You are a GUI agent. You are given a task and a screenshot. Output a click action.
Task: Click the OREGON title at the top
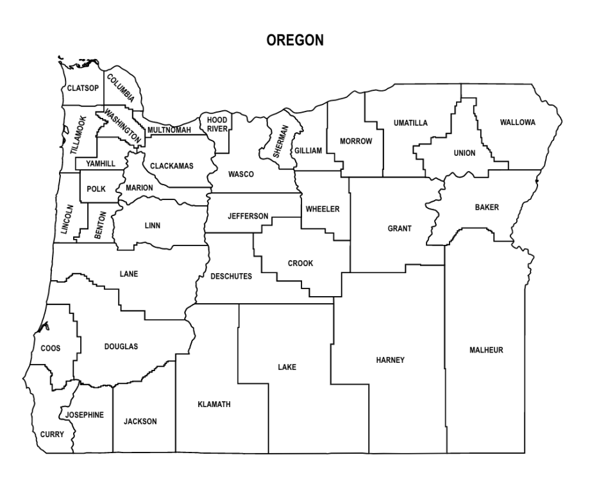(x=295, y=40)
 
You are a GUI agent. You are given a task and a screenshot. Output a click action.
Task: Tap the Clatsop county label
(x=83, y=88)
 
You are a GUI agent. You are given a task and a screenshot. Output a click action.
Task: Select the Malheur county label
(x=486, y=350)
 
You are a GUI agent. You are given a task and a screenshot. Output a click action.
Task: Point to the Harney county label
(x=391, y=360)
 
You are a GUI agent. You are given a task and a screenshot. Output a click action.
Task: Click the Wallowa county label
(x=518, y=122)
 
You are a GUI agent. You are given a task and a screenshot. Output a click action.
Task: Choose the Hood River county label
(x=217, y=124)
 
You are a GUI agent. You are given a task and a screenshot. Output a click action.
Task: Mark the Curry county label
(x=52, y=435)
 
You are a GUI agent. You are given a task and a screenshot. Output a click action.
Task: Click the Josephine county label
(x=85, y=415)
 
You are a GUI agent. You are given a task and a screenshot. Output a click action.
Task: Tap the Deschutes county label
(x=232, y=276)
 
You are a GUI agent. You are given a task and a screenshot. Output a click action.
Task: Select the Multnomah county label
(x=169, y=130)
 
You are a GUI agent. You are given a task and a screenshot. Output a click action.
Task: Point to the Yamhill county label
(x=101, y=163)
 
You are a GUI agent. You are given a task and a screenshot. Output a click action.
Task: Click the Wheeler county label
(x=323, y=209)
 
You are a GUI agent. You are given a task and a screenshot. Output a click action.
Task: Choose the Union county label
(x=464, y=153)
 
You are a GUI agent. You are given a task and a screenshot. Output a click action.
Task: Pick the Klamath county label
(x=214, y=404)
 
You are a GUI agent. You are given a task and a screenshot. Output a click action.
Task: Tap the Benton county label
(x=100, y=225)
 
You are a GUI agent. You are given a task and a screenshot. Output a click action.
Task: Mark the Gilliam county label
(x=308, y=151)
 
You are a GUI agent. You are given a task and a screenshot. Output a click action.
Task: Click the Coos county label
(x=51, y=348)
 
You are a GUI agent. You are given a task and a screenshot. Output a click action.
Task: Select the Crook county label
(x=300, y=263)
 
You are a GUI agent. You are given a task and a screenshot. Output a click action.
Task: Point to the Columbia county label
(x=121, y=88)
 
